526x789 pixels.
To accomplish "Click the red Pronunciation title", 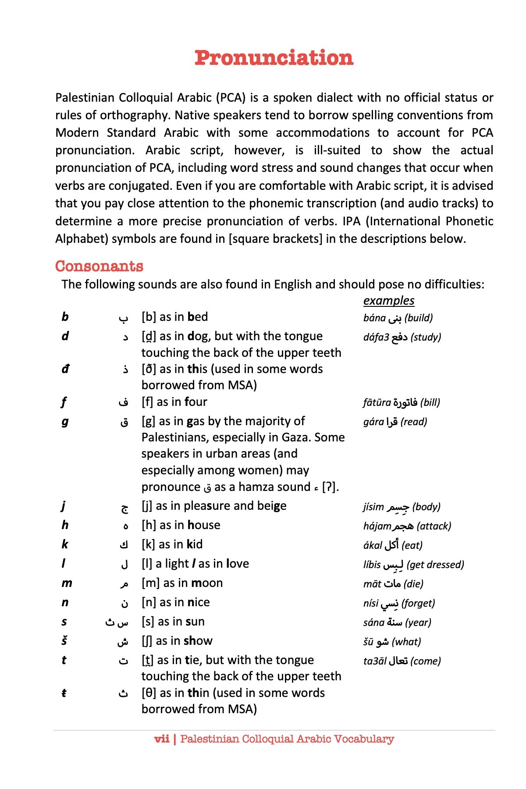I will click(x=274, y=58).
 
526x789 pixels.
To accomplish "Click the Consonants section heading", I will click(x=100, y=266).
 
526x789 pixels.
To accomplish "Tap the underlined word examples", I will click(x=388, y=301).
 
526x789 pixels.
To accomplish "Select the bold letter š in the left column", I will click(x=64, y=641).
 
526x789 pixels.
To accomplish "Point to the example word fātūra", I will click(x=377, y=402).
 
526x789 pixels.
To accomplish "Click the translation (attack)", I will click(x=434, y=526).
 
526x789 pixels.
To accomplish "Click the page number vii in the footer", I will click(x=162, y=739).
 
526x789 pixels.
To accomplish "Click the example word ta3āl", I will click(x=374, y=661).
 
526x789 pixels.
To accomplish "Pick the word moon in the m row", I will click(x=207, y=583).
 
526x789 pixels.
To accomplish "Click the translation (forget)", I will click(x=418, y=603).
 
